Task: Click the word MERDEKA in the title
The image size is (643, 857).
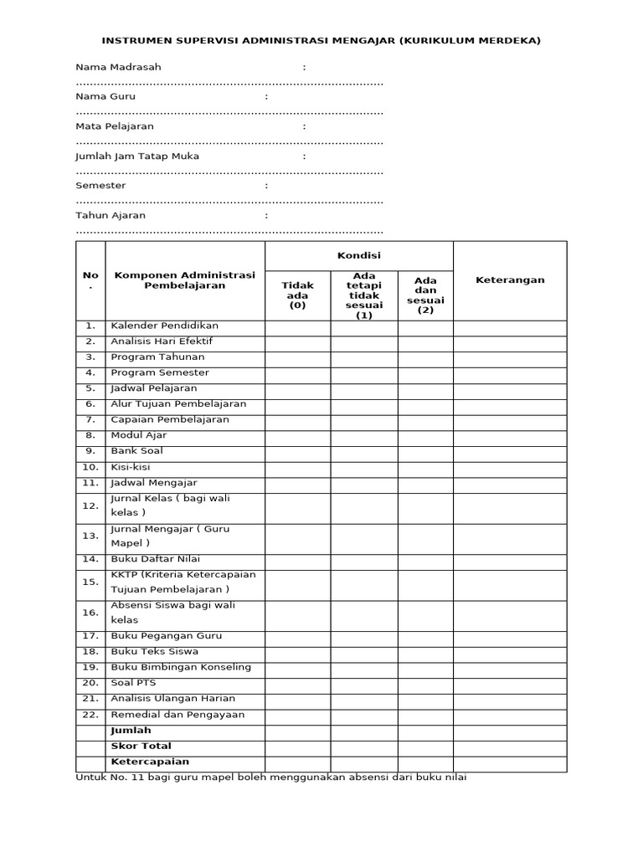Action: click(x=505, y=40)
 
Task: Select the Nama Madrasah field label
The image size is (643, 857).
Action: click(x=118, y=67)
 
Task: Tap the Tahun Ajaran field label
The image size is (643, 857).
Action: click(x=111, y=215)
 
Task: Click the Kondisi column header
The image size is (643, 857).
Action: click(x=358, y=255)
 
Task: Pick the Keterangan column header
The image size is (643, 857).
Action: click(x=510, y=280)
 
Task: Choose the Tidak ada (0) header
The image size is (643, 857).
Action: click(x=297, y=295)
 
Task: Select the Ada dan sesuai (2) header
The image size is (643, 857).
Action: click(x=425, y=295)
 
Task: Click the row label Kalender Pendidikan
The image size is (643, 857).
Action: click(x=164, y=326)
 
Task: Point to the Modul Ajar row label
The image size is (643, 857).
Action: click(x=139, y=435)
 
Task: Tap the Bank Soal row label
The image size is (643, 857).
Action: click(x=136, y=451)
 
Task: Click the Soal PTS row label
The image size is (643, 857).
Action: click(x=133, y=683)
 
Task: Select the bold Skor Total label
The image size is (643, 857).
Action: click(x=141, y=747)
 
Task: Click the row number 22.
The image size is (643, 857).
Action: click(x=90, y=715)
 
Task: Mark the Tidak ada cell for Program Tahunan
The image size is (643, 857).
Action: click(x=297, y=357)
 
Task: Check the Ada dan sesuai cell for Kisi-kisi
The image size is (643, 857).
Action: click(x=425, y=468)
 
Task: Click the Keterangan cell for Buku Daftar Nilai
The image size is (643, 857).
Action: click(x=510, y=560)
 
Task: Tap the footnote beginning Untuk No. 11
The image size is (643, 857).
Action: click(x=270, y=777)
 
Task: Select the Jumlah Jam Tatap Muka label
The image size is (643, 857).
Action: click(x=137, y=156)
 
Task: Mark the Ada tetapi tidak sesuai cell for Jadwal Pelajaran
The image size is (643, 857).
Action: click(x=363, y=389)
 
